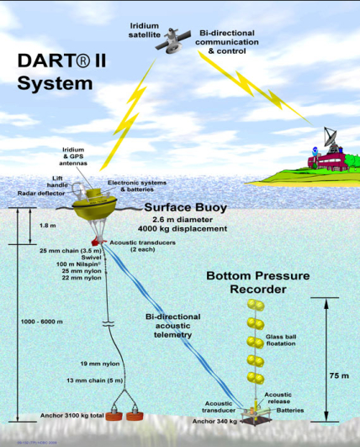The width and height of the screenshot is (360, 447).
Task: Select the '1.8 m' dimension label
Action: [25, 226]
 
